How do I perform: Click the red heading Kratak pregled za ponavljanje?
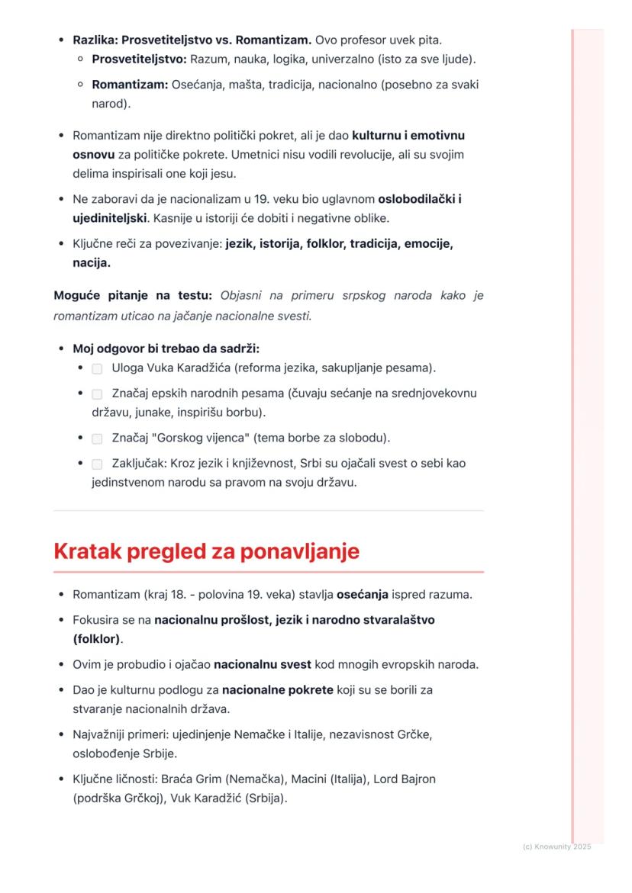click(206, 552)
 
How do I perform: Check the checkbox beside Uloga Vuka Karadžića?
click(97, 369)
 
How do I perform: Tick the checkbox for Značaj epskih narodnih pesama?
click(97, 394)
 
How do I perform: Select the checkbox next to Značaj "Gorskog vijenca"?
click(97, 439)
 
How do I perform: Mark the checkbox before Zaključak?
click(97, 464)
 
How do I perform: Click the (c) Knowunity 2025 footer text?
click(557, 846)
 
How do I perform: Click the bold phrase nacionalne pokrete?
click(278, 690)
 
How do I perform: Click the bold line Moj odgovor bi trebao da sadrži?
click(166, 349)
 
